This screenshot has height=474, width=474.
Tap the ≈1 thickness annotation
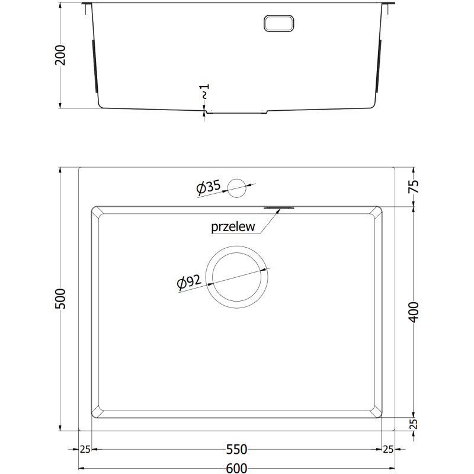coord(205,92)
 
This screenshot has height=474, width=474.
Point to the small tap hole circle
coord(237,187)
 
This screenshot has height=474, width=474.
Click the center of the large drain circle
coord(237,277)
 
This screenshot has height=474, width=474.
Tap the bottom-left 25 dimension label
coord(85,449)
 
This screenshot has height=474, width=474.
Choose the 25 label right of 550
coord(389,449)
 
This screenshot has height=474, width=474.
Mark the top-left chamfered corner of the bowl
coord(95,211)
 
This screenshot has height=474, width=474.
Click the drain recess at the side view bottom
coord(237,112)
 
